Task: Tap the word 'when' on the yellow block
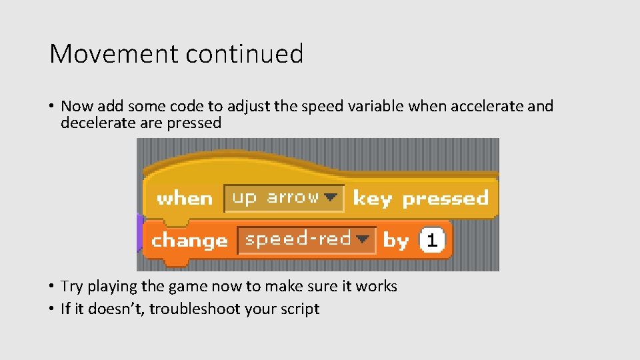(185, 199)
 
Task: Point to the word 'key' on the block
(373, 199)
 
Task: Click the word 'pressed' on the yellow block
(445, 199)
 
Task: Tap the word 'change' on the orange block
(190, 241)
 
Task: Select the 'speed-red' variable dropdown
(298, 239)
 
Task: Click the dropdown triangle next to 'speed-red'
(363, 239)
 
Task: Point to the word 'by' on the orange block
(396, 241)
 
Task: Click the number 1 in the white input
(432, 241)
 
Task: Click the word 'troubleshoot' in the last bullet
(193, 309)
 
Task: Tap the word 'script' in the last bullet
(299, 309)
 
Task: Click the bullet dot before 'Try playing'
(51, 287)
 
